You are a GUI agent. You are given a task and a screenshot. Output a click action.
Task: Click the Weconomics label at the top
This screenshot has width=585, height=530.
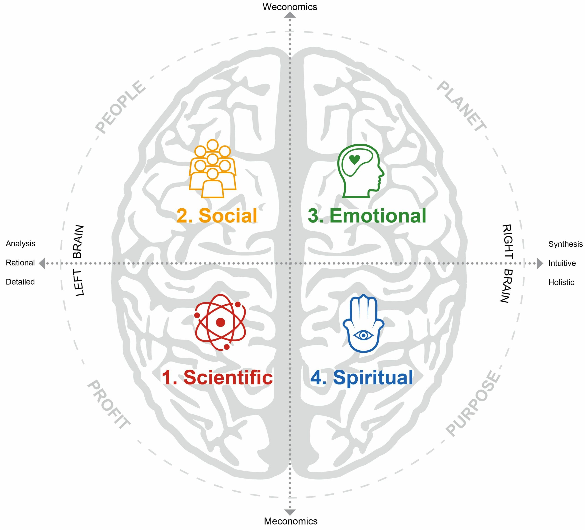point(290,7)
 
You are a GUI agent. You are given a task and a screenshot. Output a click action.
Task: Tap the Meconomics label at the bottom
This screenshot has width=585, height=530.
point(290,521)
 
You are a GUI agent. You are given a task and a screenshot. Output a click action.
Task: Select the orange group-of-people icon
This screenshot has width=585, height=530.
point(213,169)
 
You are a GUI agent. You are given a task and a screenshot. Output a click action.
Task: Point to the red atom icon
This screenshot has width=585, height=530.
point(221,322)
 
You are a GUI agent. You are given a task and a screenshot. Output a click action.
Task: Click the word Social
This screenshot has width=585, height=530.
point(228,216)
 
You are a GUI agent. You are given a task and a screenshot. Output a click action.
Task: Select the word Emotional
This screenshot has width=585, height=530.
point(378,216)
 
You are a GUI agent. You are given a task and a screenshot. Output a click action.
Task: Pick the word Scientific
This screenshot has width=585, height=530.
point(228,377)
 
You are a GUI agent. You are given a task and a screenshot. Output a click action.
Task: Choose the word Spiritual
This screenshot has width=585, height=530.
point(373,377)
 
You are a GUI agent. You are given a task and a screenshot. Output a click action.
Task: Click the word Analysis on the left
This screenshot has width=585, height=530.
point(20,243)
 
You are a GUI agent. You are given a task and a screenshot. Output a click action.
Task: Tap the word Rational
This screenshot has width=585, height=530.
point(20,262)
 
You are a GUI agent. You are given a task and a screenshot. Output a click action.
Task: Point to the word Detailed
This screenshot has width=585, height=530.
point(20,282)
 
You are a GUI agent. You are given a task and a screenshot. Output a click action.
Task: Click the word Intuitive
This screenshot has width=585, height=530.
point(562,263)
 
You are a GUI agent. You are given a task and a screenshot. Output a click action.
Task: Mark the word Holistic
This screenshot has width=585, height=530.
point(561,282)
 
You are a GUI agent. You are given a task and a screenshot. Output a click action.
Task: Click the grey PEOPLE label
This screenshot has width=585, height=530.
point(120,107)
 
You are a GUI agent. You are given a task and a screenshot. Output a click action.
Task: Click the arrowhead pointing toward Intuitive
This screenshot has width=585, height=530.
point(540,263)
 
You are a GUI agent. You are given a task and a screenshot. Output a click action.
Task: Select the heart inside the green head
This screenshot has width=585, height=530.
point(354,159)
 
